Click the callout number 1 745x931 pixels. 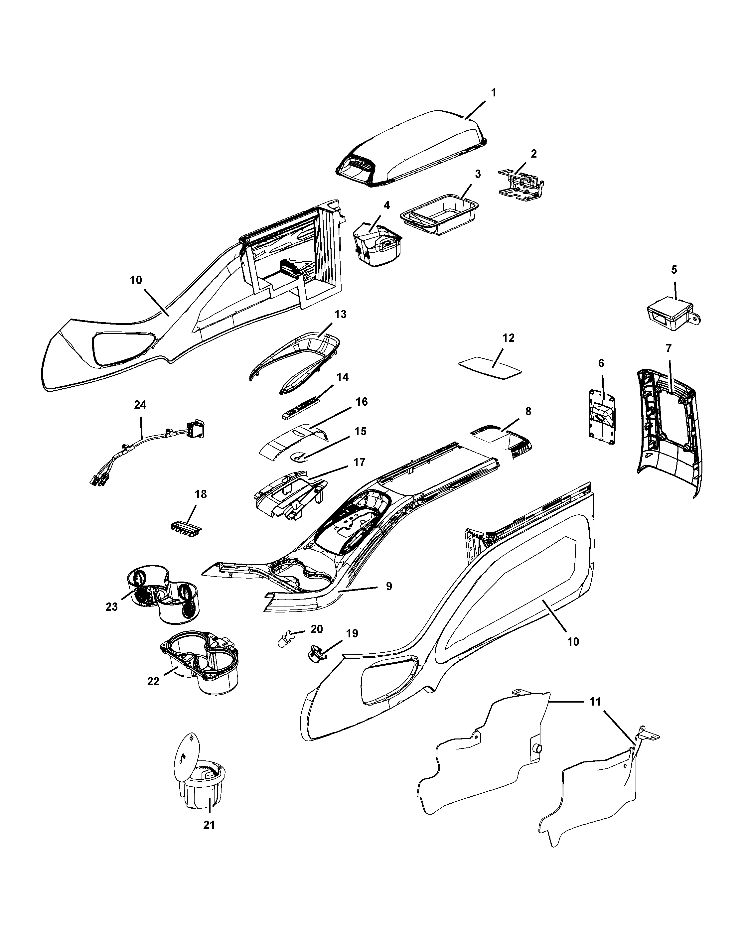494,93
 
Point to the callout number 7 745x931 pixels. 669,348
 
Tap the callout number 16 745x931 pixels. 362,402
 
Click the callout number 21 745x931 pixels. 209,825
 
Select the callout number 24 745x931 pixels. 140,405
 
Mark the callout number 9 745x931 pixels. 389,587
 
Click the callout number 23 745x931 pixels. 111,607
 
